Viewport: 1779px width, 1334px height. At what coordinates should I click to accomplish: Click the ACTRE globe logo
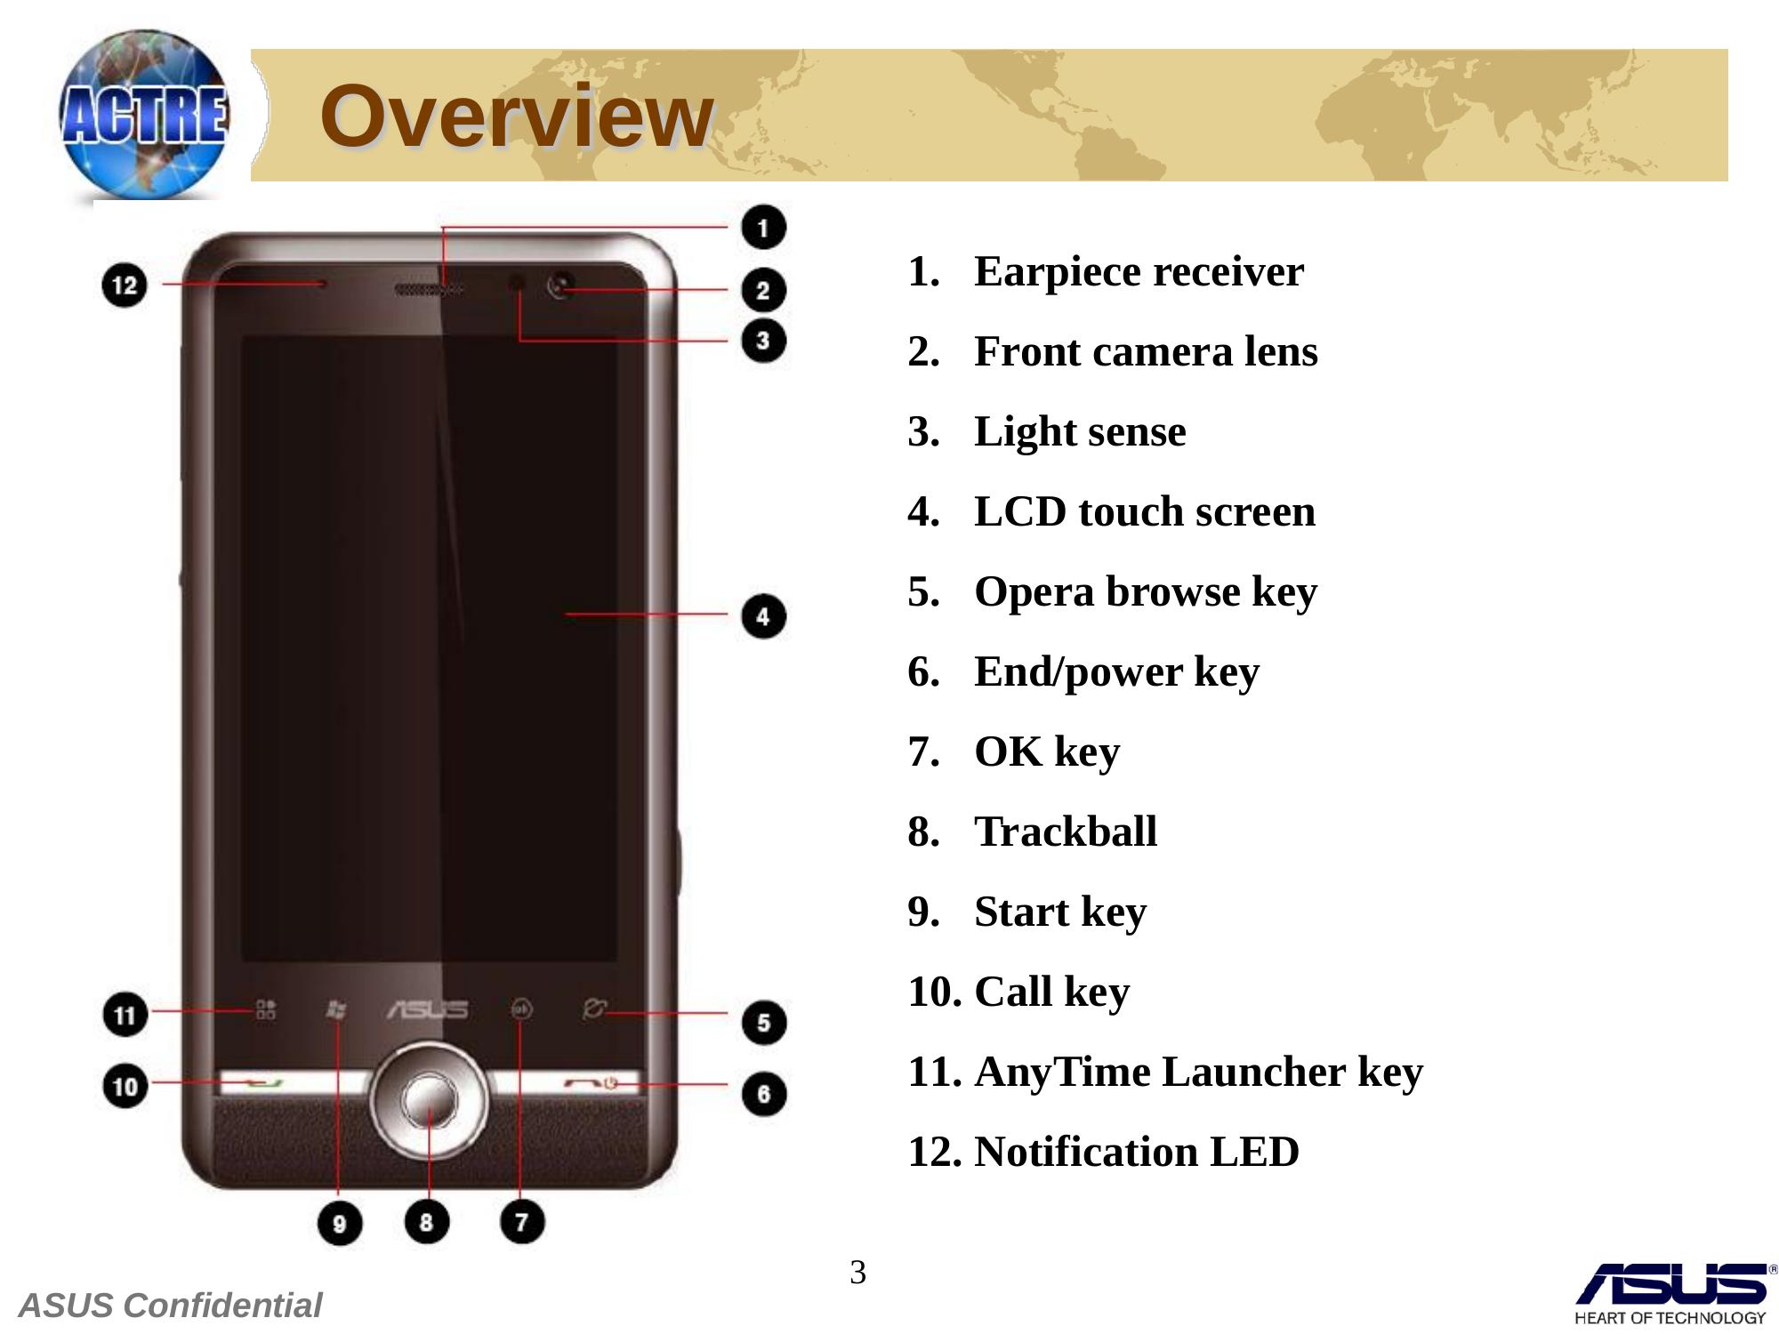coord(143,114)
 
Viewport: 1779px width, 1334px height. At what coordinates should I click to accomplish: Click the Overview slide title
coord(517,116)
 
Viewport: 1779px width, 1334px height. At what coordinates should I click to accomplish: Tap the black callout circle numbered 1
coord(763,228)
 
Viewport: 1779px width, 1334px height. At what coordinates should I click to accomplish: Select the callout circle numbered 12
coord(125,285)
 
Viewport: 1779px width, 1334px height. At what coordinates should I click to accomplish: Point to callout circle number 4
coord(763,616)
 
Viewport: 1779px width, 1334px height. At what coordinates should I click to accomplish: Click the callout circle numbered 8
coord(427,1222)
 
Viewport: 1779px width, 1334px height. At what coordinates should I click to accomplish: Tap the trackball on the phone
coord(430,1101)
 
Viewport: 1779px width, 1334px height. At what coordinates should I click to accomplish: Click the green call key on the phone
coord(264,1082)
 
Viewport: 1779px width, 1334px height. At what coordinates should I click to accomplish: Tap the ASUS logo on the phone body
coord(427,1009)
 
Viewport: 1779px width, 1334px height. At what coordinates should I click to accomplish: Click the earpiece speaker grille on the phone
coord(429,289)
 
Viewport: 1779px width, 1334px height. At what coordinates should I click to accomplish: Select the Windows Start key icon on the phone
coord(335,1009)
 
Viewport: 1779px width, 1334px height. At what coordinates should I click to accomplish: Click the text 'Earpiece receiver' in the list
coord(1139,271)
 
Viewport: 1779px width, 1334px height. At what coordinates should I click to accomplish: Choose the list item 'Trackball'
coord(1066,832)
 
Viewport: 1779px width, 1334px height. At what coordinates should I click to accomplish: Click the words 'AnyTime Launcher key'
coord(1198,1072)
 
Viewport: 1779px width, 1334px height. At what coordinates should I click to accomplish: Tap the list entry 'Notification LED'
coord(1137,1152)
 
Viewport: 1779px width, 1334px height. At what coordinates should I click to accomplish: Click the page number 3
coord(857,1273)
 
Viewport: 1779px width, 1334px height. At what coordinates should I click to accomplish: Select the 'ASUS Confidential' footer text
coord(170,1306)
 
